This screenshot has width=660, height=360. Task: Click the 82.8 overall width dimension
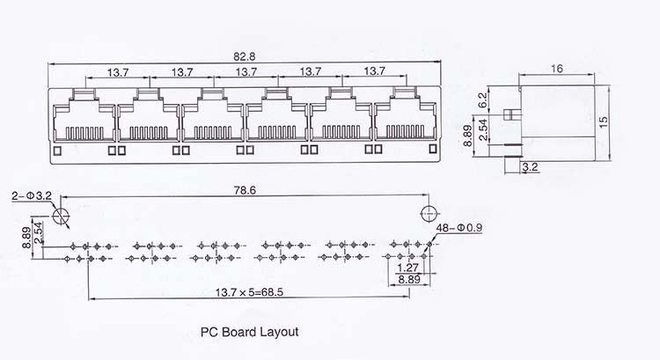(244, 56)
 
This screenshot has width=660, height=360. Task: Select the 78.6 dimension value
(245, 190)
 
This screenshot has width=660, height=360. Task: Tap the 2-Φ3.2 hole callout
(32, 195)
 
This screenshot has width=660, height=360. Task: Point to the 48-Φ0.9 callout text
(459, 228)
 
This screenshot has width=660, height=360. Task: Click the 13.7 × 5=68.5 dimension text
(249, 292)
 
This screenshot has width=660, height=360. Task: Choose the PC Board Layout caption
(249, 332)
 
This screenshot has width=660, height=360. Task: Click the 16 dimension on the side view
(556, 69)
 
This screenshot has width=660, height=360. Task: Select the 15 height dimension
(603, 122)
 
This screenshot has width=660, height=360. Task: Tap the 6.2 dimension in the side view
(482, 100)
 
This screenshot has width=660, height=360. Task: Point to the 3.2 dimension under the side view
(530, 167)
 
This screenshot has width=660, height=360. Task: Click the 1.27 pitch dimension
(407, 268)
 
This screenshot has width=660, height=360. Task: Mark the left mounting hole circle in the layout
(61, 216)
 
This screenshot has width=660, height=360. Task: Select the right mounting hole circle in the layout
(429, 214)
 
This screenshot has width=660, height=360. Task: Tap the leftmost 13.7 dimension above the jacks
(118, 72)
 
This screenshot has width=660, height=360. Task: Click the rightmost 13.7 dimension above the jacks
(374, 71)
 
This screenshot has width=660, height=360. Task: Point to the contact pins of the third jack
(213, 133)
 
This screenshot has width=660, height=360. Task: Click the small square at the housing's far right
(433, 149)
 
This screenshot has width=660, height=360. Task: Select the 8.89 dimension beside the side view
(467, 136)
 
